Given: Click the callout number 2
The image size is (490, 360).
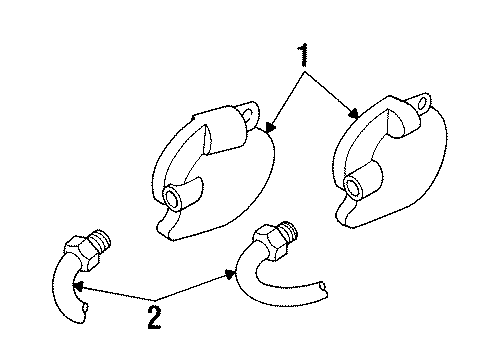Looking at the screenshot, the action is [153, 318].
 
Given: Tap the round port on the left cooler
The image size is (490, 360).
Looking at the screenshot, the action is [178, 199].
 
